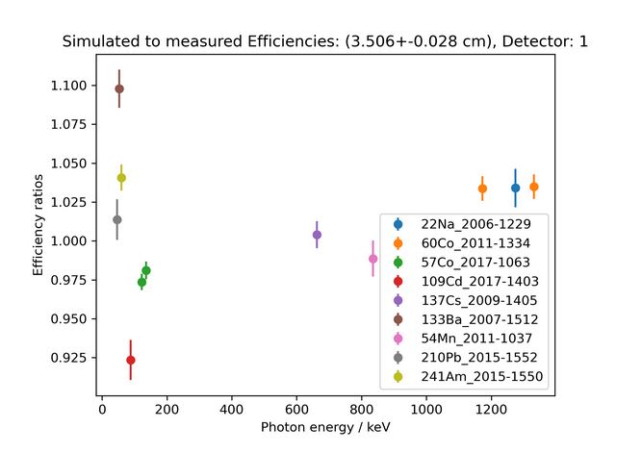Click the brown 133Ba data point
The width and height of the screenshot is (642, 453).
(x=119, y=88)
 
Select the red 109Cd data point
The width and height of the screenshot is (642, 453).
(x=131, y=360)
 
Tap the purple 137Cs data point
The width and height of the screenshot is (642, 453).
(x=317, y=235)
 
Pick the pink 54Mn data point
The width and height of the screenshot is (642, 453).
(x=373, y=259)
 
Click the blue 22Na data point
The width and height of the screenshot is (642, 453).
(x=515, y=188)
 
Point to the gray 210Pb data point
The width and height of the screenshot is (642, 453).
(x=117, y=219)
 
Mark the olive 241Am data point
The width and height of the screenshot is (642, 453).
(x=121, y=177)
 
